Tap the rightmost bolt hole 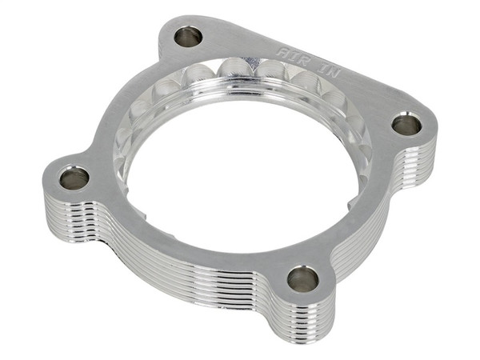(406, 124)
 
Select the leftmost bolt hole (74, 178)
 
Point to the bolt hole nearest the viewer (302, 279)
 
